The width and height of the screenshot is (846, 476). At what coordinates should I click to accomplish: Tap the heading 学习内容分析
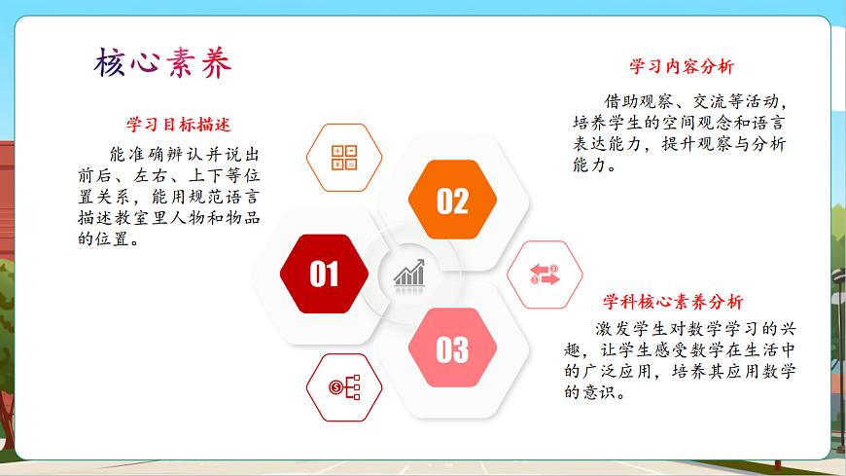tap(682, 67)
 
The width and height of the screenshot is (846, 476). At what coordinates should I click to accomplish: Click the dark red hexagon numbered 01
tap(324, 275)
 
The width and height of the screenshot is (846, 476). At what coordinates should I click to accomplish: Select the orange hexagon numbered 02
tap(452, 201)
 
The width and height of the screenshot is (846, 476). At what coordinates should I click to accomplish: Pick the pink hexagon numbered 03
tap(452, 348)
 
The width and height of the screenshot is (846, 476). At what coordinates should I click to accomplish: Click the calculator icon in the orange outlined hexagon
tap(344, 158)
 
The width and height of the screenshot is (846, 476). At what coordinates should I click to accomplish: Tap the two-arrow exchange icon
tap(545, 275)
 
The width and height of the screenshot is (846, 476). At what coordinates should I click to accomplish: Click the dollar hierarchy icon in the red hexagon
tap(344, 387)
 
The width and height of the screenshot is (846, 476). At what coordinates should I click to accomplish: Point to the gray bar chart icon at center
tap(409, 274)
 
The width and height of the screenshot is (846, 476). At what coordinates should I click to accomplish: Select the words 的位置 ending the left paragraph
tap(108, 239)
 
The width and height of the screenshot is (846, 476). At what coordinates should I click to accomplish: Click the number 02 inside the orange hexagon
tap(452, 201)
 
